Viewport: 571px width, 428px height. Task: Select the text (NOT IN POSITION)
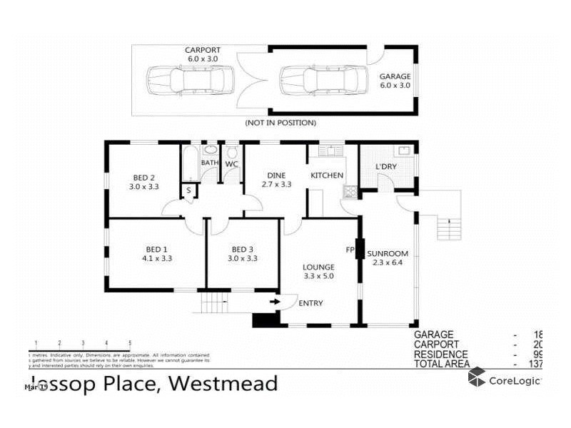[281, 123]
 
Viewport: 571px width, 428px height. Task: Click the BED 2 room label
[144, 178]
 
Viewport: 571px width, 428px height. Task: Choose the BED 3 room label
[243, 249]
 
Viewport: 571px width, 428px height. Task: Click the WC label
[231, 164]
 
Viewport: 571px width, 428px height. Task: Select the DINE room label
[276, 175]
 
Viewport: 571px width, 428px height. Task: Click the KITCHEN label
[327, 175]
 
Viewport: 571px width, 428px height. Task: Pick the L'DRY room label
[386, 167]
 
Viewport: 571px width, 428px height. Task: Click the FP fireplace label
[350, 250]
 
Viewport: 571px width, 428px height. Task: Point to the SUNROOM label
[388, 253]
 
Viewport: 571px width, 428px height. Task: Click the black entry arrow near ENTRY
[274, 302]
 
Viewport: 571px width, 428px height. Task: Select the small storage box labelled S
[189, 190]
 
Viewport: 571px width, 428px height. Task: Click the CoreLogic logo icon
[477, 378]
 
